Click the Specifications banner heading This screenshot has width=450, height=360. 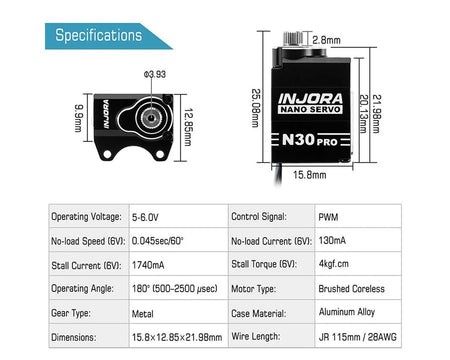click(x=99, y=35)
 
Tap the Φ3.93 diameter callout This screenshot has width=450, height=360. click(x=155, y=74)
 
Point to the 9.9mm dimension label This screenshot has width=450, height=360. click(x=79, y=118)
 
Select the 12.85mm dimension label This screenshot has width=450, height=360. click(x=188, y=127)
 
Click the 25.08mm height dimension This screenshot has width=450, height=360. click(x=255, y=108)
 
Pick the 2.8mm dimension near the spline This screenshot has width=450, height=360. click(x=326, y=40)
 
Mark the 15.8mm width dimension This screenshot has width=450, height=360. click(x=310, y=175)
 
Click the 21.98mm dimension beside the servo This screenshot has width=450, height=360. click(x=376, y=114)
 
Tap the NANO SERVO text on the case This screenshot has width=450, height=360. click(x=310, y=110)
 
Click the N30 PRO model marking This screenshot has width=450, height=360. click(x=310, y=140)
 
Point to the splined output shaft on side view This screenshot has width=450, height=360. click(x=293, y=38)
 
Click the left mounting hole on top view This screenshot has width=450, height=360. click(x=107, y=154)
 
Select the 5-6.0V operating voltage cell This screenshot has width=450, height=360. click(x=145, y=217)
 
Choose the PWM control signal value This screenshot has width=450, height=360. click(x=328, y=217)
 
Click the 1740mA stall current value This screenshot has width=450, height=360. click(x=148, y=265)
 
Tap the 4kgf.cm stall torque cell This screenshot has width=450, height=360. click(x=334, y=264)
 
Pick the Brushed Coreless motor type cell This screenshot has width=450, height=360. click(x=352, y=289)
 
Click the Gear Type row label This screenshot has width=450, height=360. click(x=71, y=313)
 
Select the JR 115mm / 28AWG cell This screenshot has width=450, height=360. click(x=358, y=337)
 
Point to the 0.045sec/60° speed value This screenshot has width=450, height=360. click(x=158, y=241)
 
